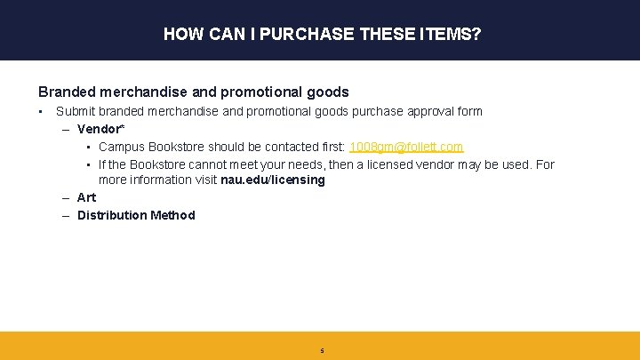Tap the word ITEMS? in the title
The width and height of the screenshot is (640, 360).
(448, 35)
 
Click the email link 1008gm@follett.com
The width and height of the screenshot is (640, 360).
(406, 147)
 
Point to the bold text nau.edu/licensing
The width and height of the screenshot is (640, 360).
(273, 180)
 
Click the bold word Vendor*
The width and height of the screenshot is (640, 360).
(99, 129)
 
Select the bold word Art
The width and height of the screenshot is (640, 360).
(87, 197)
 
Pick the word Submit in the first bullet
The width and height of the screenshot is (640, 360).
(75, 111)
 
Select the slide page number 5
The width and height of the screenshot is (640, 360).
(322, 351)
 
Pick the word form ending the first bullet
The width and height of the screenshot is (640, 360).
(470, 111)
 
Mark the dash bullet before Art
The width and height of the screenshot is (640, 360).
(67, 197)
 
